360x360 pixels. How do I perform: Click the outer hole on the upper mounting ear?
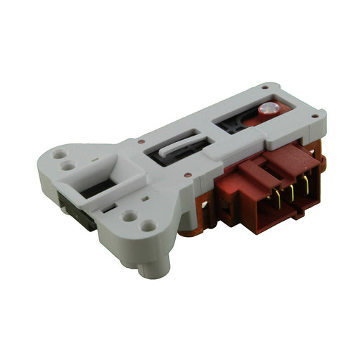click(60, 153)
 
